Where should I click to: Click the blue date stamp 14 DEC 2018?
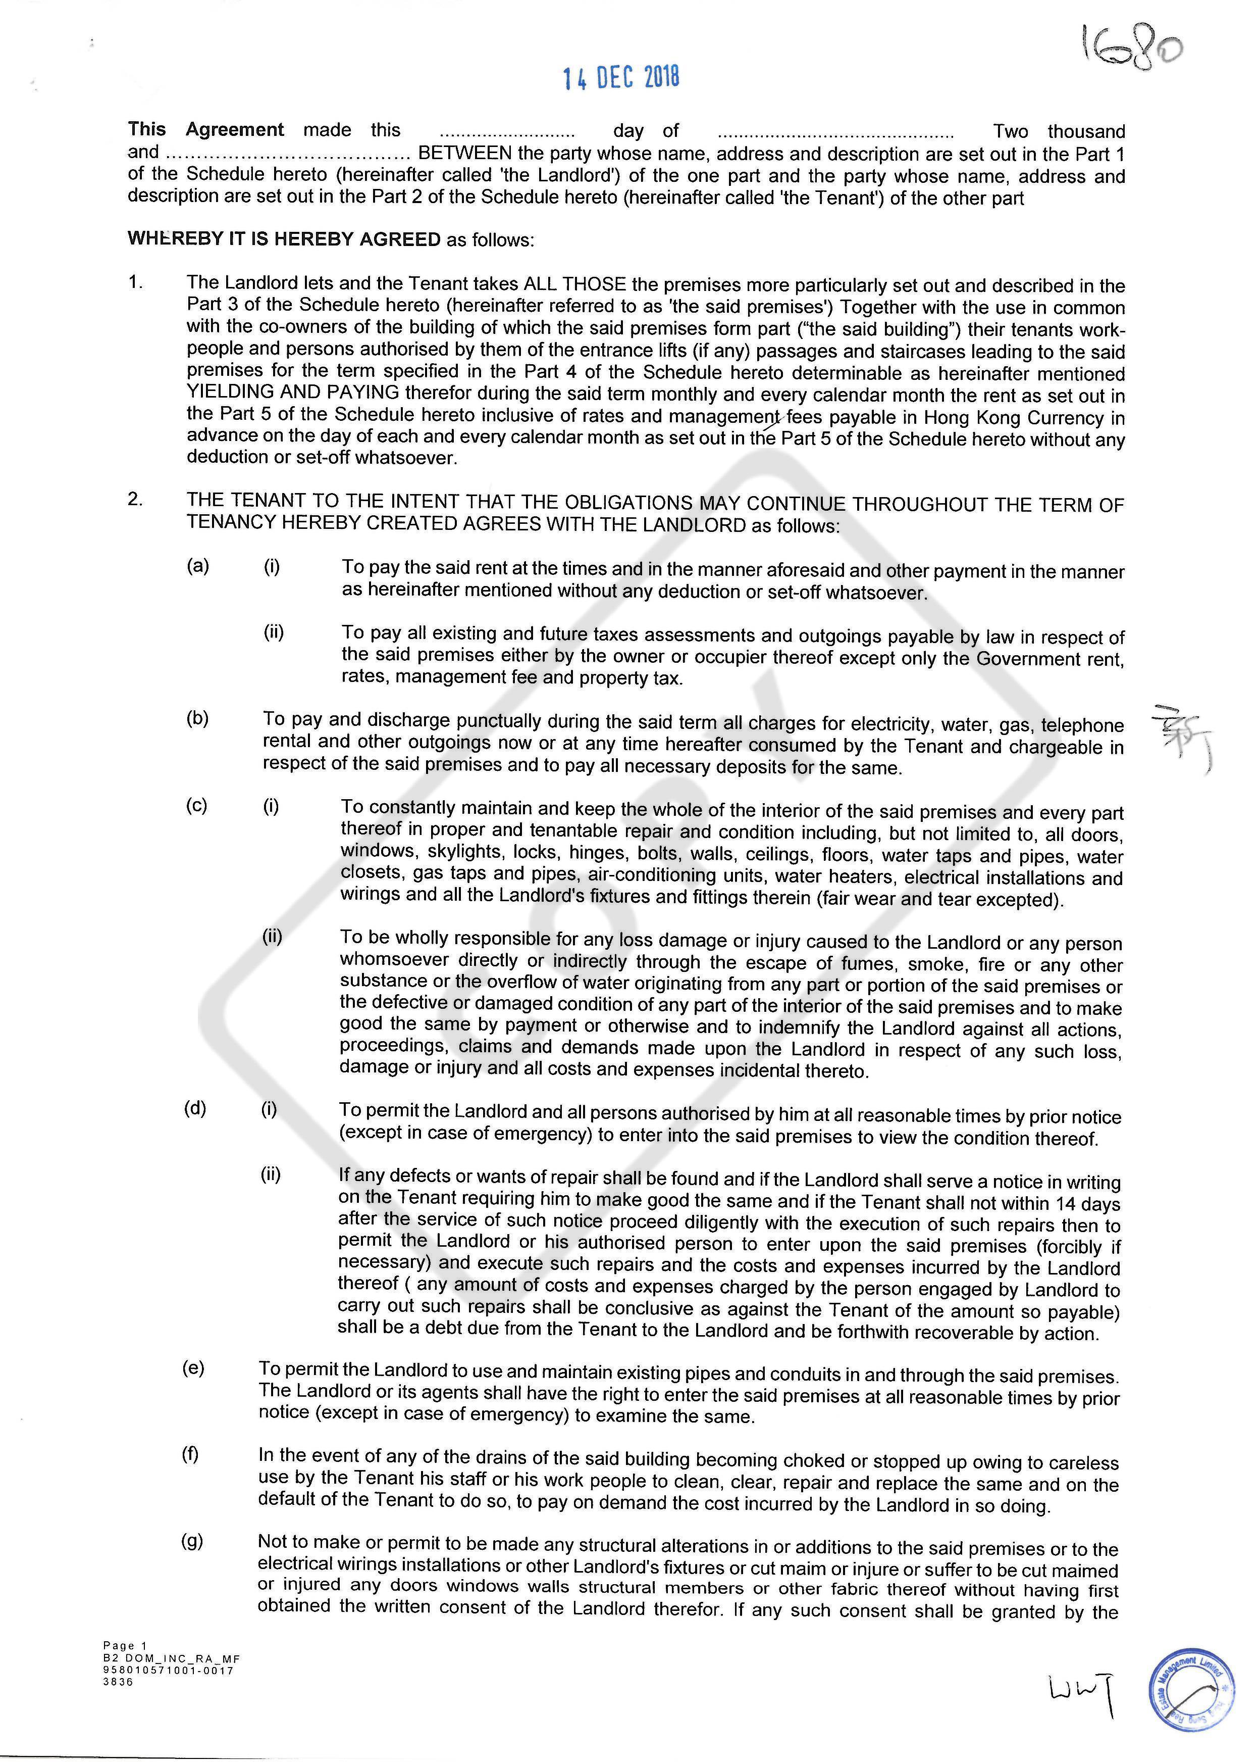tap(621, 78)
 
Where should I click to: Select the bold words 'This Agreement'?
tap(205, 130)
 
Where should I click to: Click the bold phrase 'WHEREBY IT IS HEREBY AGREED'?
tap(284, 239)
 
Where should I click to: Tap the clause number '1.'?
tap(136, 282)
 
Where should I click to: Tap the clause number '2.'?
tap(136, 499)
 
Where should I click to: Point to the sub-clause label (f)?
tap(190, 1454)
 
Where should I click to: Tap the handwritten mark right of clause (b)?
tap(1179, 738)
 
